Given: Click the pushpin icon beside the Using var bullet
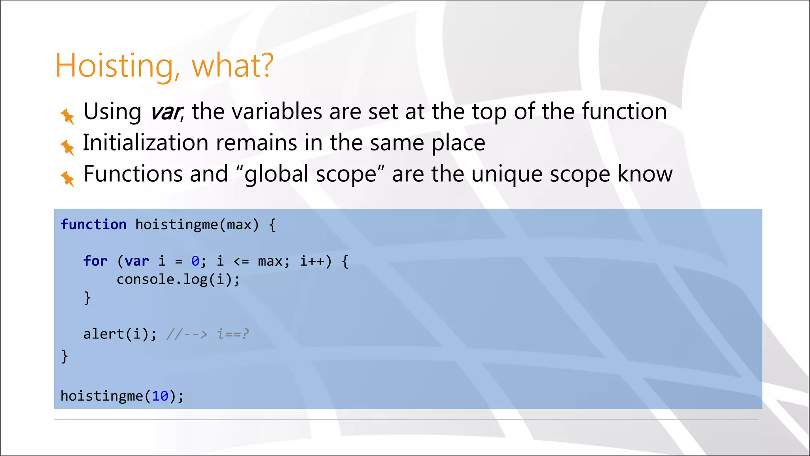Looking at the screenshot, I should (67, 116).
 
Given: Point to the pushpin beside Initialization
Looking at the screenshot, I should (67, 147).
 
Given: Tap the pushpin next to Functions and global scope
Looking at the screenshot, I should (67, 179).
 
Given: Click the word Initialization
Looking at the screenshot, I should (145, 142).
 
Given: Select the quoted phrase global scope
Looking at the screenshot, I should (310, 174).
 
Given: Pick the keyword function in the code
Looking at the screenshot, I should (93, 225).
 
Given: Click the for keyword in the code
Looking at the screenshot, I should (95, 261).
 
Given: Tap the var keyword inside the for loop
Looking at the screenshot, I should (137, 261).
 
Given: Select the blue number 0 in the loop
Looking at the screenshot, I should (195, 261).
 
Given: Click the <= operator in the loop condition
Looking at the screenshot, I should (241, 261).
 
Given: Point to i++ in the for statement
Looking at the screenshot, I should (312, 261).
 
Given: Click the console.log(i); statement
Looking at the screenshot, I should (178, 279).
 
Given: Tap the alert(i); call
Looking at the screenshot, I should (120, 334).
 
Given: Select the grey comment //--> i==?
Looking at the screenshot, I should (208, 334).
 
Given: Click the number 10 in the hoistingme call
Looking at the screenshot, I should (160, 396).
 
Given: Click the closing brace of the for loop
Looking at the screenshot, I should (87, 298).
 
